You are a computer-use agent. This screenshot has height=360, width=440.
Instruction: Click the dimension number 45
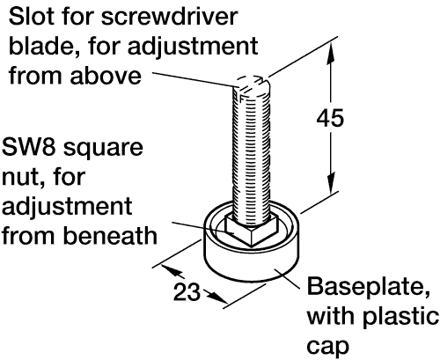tap(330, 118)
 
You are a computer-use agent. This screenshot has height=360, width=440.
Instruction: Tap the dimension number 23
tap(187, 292)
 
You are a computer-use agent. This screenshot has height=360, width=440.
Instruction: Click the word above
tap(106, 76)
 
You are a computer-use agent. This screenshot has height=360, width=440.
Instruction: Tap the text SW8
tap(29, 147)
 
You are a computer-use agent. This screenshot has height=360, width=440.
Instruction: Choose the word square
tap(104, 149)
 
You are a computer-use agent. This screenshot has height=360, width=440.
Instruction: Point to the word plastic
tap(400, 317)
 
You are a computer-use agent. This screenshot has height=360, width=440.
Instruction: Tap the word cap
tap(328, 347)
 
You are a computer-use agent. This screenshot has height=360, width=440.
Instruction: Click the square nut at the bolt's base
tap(252, 230)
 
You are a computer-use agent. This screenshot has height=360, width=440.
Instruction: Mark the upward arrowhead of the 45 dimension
tap(331, 53)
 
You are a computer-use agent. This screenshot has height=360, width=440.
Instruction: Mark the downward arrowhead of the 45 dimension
tap(331, 183)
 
